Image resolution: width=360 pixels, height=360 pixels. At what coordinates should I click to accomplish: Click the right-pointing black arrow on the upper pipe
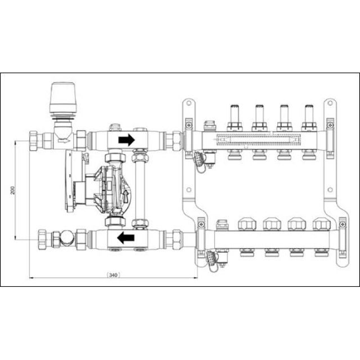[x=127, y=139]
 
